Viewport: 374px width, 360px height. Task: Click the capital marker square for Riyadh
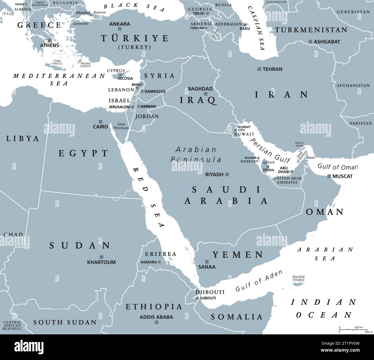[x=227, y=174]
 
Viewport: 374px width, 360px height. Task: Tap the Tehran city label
[x=272, y=69]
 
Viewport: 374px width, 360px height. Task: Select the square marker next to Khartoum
[x=101, y=257]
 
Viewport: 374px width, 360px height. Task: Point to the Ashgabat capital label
[x=327, y=42]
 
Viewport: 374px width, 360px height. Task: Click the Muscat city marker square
[x=329, y=176]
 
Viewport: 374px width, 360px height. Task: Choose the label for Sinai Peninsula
[x=121, y=126]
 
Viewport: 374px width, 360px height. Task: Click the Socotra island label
[x=298, y=278]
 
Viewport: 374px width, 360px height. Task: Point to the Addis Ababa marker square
[x=157, y=322]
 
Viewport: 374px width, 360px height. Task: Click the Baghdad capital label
[x=200, y=89]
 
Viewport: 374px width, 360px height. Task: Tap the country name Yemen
[x=238, y=255]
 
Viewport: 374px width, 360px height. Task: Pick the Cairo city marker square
[x=100, y=122]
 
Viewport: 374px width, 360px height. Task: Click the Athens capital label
[x=49, y=45]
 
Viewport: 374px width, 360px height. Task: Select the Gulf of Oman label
[x=337, y=167]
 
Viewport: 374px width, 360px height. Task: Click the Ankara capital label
[x=120, y=24]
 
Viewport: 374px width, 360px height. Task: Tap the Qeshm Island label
[x=299, y=144]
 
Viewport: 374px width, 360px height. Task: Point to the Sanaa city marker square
[x=206, y=262]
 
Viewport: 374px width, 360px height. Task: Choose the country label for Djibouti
[x=210, y=292]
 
